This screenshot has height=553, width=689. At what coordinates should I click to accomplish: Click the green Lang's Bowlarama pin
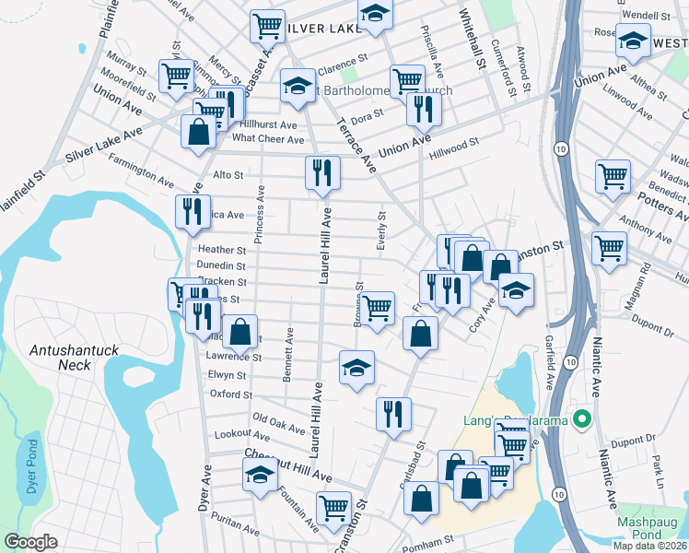click(581, 420)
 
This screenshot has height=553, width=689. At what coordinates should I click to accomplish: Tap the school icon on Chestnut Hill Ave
click(261, 476)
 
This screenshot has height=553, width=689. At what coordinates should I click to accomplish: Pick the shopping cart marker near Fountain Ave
click(333, 506)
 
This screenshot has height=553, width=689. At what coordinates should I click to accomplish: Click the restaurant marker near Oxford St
click(393, 412)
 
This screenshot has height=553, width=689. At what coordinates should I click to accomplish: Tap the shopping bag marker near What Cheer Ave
click(199, 131)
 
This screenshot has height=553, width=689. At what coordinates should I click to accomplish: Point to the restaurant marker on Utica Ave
click(193, 211)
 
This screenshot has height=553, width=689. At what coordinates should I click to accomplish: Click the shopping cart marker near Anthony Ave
click(609, 246)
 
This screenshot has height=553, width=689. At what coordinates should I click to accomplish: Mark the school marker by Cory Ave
click(517, 291)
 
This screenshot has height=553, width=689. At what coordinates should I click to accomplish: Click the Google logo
click(30, 542)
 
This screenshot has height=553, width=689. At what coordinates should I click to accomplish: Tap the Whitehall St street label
click(471, 42)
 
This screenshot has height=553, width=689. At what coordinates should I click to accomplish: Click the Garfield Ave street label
click(550, 360)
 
